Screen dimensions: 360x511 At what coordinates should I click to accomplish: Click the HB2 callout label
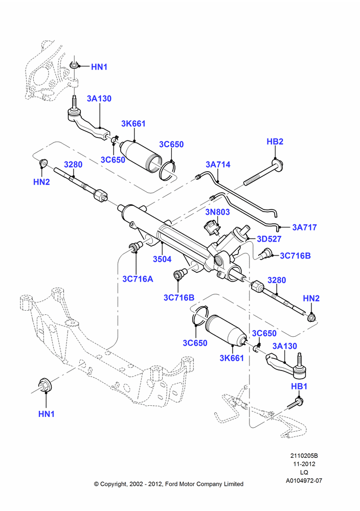[275, 142]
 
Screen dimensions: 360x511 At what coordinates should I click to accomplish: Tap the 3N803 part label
[217, 212]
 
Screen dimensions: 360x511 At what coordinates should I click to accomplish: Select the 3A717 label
[304, 227]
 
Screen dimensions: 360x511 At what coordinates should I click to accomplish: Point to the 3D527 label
[269, 239]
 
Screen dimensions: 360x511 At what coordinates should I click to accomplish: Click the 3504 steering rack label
[162, 260]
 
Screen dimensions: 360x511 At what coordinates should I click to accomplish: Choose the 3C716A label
[138, 280]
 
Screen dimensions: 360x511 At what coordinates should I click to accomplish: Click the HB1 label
[299, 386]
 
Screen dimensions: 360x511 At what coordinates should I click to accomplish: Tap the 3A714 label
[218, 165]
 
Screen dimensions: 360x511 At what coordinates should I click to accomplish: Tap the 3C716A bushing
[136, 247]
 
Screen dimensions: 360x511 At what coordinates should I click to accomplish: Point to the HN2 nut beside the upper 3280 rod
[43, 162]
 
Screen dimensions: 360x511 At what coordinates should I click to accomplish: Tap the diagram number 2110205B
[304, 456]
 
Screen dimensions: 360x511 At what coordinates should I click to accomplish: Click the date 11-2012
[304, 464]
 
